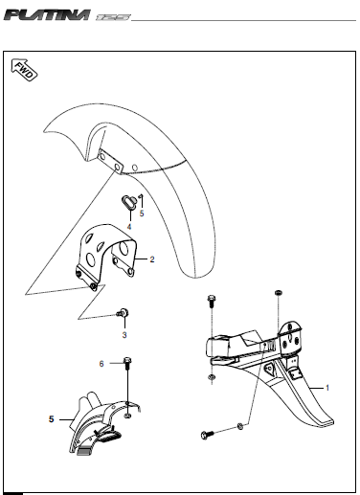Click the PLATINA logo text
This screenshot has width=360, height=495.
(47, 15)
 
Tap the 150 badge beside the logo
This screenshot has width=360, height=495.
(113, 17)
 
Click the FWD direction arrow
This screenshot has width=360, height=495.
(24, 70)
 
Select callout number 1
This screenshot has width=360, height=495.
(327, 388)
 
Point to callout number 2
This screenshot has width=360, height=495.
(152, 259)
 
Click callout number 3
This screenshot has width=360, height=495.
(124, 335)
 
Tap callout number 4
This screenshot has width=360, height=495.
(129, 227)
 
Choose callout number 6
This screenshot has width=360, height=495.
(101, 364)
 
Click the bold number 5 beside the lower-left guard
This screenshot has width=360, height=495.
(52, 419)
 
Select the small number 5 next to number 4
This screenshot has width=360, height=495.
(142, 214)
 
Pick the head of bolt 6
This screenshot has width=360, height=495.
(127, 361)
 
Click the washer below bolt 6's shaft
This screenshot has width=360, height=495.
(127, 416)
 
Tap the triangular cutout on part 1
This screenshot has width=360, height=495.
(269, 371)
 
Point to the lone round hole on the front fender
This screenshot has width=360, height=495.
(135, 168)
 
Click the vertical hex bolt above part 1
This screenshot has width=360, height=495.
(212, 302)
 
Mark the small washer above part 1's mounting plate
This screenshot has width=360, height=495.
(279, 293)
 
